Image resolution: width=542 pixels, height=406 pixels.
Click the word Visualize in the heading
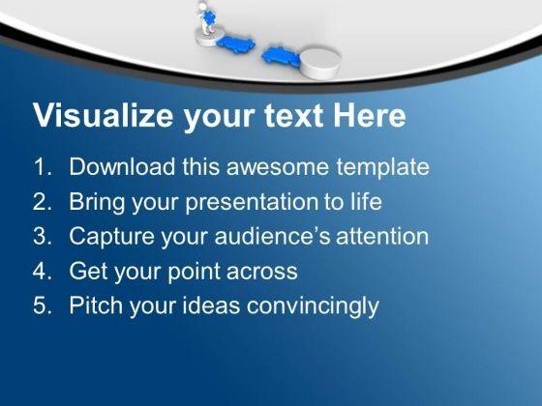point(103,115)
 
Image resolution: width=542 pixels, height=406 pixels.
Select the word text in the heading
point(293,116)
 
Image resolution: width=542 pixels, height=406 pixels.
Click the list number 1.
point(42,166)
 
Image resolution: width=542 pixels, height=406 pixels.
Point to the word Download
point(122,166)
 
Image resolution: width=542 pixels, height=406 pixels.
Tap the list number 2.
point(42,202)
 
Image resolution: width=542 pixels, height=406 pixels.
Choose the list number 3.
point(42,237)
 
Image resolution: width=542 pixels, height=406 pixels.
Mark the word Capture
point(111,237)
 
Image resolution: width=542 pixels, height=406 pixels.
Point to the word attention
point(382,237)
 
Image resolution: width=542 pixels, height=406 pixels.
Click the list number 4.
point(42,271)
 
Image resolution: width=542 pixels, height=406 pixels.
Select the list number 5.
point(42,305)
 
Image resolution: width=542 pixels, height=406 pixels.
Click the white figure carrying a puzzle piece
point(207,18)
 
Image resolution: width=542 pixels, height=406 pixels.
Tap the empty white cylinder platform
point(320,63)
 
